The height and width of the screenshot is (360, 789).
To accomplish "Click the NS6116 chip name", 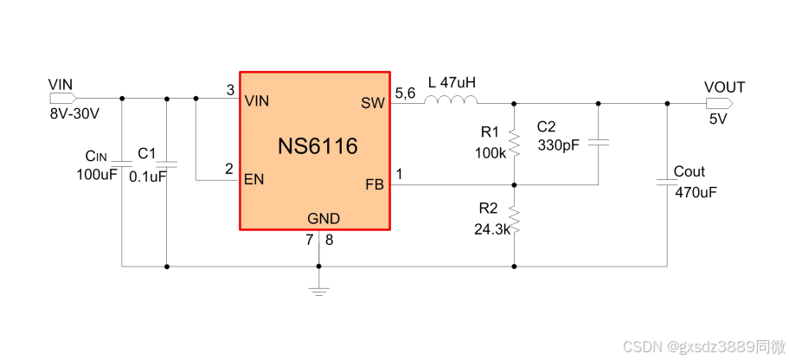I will pyautogui.click(x=318, y=146).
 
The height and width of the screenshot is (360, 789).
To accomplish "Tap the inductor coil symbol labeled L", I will pyautogui.click(x=450, y=100).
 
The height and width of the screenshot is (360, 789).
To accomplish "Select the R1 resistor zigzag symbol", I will pyautogui.click(x=515, y=142).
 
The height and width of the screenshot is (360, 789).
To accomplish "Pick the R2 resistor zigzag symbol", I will pyautogui.click(x=515, y=220).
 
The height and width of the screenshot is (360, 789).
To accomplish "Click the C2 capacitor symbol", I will pyautogui.click(x=599, y=141).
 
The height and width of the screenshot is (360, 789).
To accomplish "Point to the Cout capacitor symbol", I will pyautogui.click(x=667, y=182).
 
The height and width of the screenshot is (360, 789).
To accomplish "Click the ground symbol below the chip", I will pyautogui.click(x=320, y=288).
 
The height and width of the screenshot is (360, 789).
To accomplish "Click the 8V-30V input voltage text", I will pyautogui.click(x=74, y=114).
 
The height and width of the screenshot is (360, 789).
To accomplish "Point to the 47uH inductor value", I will pyautogui.click(x=458, y=83).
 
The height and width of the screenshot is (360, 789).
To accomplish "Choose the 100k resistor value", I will pyautogui.click(x=491, y=153).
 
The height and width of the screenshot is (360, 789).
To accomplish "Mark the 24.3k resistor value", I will pyautogui.click(x=491, y=229).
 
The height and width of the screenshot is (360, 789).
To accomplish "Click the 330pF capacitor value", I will pyautogui.click(x=558, y=145).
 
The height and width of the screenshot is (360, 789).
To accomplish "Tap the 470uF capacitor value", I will pyautogui.click(x=696, y=192).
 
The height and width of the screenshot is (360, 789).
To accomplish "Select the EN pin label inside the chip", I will pyautogui.click(x=255, y=180).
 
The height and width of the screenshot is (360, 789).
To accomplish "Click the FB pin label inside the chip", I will pyautogui.click(x=375, y=184).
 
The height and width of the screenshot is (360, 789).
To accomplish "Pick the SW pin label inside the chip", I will pyautogui.click(x=373, y=103).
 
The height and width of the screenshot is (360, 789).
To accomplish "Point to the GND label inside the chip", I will pyautogui.click(x=324, y=219).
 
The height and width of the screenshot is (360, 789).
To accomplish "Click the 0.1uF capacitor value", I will pyautogui.click(x=147, y=176).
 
